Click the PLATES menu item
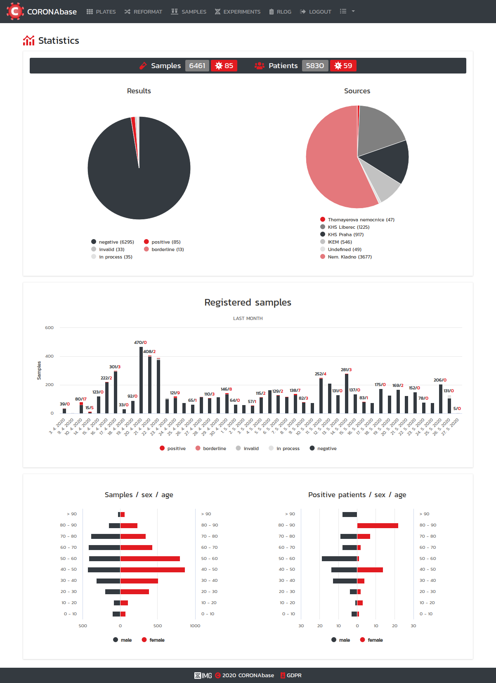click(x=101, y=12)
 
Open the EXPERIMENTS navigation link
click(x=238, y=12)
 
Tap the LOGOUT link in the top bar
click(x=316, y=12)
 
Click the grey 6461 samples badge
click(x=197, y=66)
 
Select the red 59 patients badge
click(x=343, y=66)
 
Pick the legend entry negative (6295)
click(x=113, y=242)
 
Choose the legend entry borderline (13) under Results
click(x=164, y=249)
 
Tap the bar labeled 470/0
click(x=141, y=380)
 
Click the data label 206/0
click(x=440, y=380)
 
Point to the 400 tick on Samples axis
click(x=50, y=356)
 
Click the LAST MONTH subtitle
click(x=248, y=318)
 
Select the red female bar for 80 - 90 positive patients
click(x=378, y=526)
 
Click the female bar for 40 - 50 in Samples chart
click(x=152, y=570)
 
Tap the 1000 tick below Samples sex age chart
click(x=195, y=626)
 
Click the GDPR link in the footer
click(x=294, y=676)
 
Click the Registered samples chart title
click(x=248, y=303)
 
